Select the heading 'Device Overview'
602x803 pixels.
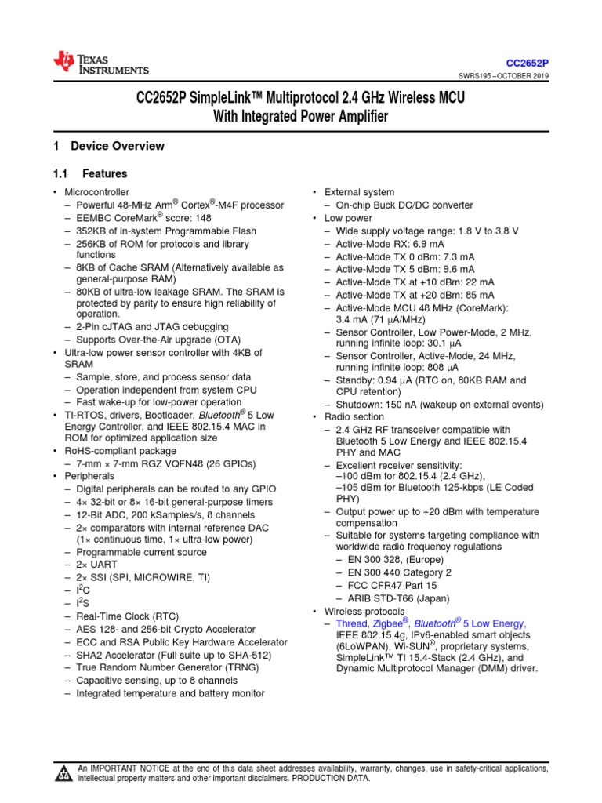pos(117,146)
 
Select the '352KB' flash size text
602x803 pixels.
pos(91,231)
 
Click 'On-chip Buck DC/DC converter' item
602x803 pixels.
pos(404,205)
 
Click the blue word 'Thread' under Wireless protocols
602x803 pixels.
pos(351,623)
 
